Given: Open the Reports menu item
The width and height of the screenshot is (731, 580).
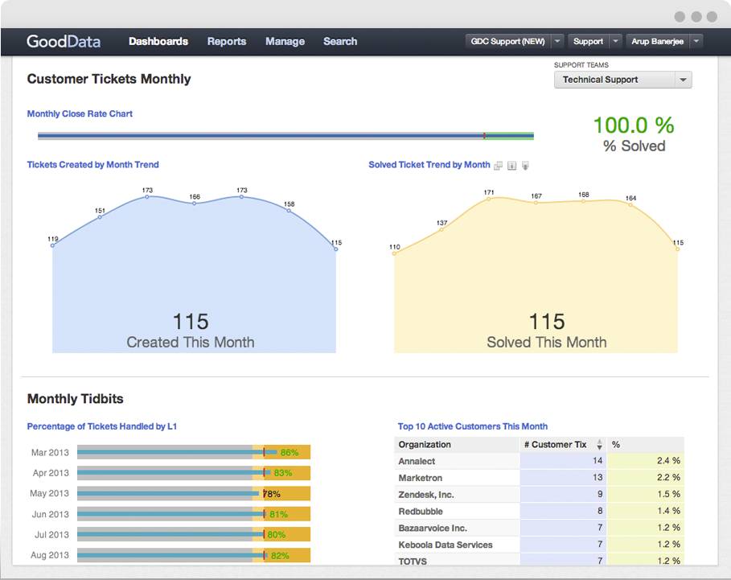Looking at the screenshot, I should [x=227, y=41].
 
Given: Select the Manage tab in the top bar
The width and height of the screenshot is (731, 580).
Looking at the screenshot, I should [x=285, y=41].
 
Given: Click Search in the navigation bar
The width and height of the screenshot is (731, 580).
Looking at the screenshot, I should [x=340, y=41].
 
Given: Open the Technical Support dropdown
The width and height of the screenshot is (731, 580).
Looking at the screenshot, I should [x=622, y=80].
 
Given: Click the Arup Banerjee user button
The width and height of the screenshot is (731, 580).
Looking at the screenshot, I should [x=659, y=41].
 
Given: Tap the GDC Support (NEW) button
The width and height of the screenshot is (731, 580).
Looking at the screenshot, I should [x=507, y=41].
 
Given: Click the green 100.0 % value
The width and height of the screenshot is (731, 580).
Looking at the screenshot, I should [x=634, y=125].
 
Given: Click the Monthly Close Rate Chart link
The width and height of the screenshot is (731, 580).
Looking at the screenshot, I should [x=80, y=113].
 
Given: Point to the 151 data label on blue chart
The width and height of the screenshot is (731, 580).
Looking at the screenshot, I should [x=100, y=211].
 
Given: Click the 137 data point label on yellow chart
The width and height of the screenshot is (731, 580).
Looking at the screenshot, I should [x=441, y=223].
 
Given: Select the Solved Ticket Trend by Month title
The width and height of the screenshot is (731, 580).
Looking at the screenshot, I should [x=429, y=164].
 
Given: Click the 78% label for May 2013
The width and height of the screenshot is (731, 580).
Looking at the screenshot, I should [x=272, y=494].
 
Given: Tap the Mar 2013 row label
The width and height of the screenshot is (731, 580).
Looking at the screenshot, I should [x=50, y=453].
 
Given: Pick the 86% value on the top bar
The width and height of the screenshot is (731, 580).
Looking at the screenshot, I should [x=290, y=453].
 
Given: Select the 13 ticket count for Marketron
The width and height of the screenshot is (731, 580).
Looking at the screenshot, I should [x=597, y=478].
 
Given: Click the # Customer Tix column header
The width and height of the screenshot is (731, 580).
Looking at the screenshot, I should [x=556, y=444].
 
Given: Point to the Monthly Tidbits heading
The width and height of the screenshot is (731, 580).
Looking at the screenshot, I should [x=76, y=399].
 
